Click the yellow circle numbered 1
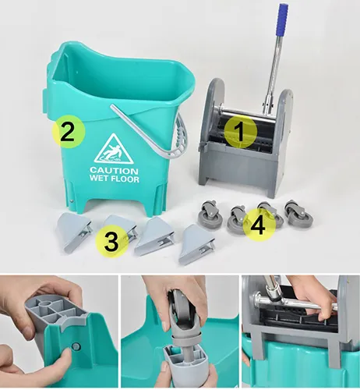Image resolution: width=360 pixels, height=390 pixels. click(x=241, y=132)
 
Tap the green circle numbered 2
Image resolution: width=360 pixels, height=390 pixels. click(x=69, y=132)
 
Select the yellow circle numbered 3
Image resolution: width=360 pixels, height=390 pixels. click(x=111, y=242)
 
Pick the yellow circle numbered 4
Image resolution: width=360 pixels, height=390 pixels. click(x=259, y=225)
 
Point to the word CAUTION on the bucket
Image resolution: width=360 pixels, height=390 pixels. click(x=114, y=171)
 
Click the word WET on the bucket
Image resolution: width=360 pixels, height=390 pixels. click(x=99, y=179)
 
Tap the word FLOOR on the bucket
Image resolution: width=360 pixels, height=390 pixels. click(x=125, y=179)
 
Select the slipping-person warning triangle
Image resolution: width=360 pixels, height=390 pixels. click(x=114, y=150)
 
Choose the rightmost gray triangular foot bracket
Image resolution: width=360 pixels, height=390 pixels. click(x=196, y=245)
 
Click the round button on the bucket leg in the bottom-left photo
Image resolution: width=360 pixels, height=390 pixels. click(x=76, y=346)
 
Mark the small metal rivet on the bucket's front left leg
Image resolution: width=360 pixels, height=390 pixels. click(x=72, y=200)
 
